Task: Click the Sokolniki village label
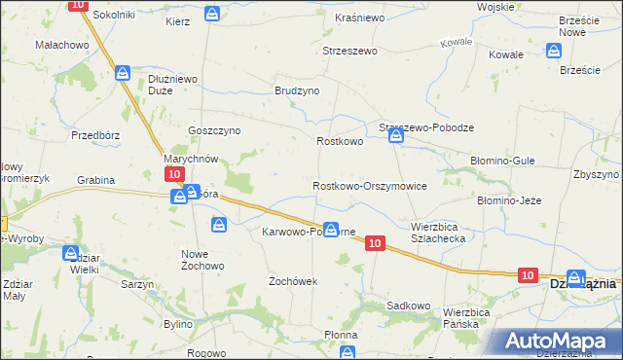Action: (114, 17)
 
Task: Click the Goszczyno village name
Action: (214, 130)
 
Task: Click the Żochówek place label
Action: (293, 280)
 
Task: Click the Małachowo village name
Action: (62, 45)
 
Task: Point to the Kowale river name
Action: (456, 43)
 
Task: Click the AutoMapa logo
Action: (559, 341)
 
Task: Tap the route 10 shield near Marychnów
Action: (173, 173)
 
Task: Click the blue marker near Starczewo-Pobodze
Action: (396, 136)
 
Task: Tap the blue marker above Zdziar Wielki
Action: (71, 253)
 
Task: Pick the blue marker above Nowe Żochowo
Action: (220, 226)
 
